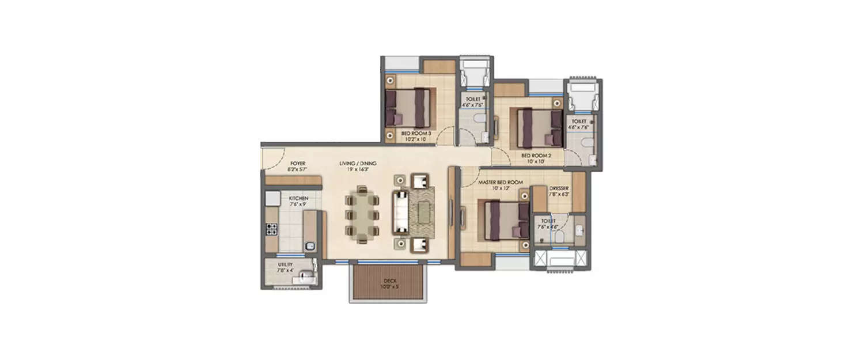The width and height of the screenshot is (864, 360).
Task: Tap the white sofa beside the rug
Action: pyautogui.click(x=400, y=211)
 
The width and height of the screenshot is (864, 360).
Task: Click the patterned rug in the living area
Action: pyautogui.click(x=423, y=211)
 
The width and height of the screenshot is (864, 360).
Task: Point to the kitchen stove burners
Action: pyautogui.click(x=271, y=229)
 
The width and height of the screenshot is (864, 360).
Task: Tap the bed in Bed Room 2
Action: pyautogui.click(x=540, y=128)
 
